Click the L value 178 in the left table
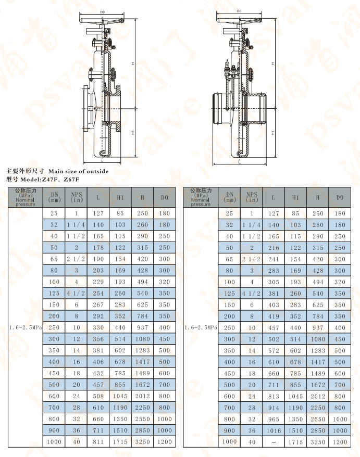click(x=98, y=248)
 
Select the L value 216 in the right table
click(x=274, y=248)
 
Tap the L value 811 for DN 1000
click(x=98, y=442)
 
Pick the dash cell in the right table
click(x=274, y=442)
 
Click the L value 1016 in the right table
click(x=274, y=430)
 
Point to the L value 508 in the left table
click(x=98, y=397)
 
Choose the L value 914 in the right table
click(x=274, y=408)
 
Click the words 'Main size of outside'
click(x=78, y=171)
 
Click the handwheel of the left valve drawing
click(x=103, y=21)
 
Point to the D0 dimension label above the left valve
click(x=102, y=11)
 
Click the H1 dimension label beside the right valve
click(x=273, y=133)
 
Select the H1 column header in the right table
click(x=296, y=198)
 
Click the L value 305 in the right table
click(x=274, y=282)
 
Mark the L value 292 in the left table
click(x=98, y=316)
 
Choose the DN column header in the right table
click(x=230, y=197)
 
